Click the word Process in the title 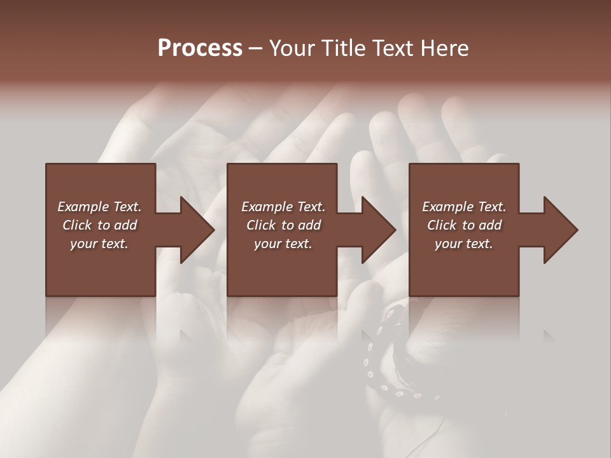pos(200,48)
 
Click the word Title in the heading pos(340,48)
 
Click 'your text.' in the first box pos(99,244)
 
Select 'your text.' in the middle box pos(283,244)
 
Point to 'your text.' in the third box pos(464,244)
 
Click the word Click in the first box pos(77,225)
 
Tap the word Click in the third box pos(442,225)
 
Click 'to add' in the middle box pos(301,225)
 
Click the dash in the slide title pos(255,48)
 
